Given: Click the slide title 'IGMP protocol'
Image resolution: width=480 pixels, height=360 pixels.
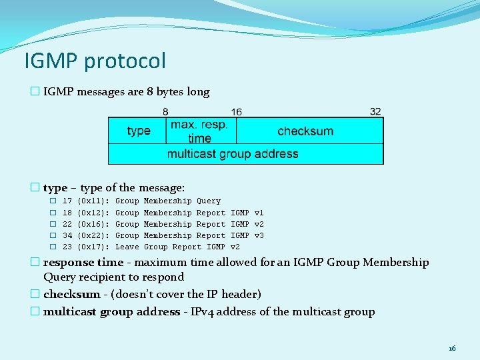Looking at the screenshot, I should (95, 61).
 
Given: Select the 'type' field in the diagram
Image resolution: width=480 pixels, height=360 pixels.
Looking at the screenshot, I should (138, 131).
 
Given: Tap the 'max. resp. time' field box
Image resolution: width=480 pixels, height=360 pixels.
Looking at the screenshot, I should (199, 131).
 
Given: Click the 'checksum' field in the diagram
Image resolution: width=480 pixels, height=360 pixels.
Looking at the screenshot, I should (305, 131).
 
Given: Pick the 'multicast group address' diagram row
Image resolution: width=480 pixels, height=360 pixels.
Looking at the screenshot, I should (233, 154).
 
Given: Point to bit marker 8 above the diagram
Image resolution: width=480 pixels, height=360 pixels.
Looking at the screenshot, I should (165, 111).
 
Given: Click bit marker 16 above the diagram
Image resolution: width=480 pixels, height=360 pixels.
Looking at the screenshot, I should (237, 111).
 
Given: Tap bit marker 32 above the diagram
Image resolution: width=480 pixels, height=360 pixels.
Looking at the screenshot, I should (375, 111).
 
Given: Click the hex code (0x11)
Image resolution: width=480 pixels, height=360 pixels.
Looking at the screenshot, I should (93, 201).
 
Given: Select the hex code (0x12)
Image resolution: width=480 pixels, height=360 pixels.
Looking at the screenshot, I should (93, 212).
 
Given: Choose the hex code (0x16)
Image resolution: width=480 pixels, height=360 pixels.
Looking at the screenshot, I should (93, 224).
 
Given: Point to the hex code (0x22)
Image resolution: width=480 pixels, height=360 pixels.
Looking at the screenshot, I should (93, 235).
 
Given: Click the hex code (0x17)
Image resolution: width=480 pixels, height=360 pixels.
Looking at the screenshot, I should (93, 247).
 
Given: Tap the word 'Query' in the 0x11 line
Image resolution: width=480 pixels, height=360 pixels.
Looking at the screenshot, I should (209, 201).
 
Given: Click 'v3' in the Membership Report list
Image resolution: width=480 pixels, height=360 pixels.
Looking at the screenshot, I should (259, 235).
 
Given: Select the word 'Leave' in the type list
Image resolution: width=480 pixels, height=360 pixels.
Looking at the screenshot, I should (127, 247).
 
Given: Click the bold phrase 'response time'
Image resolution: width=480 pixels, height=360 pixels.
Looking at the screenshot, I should (83, 263).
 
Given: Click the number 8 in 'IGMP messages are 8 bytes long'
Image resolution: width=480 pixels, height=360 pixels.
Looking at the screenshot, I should (150, 92).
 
